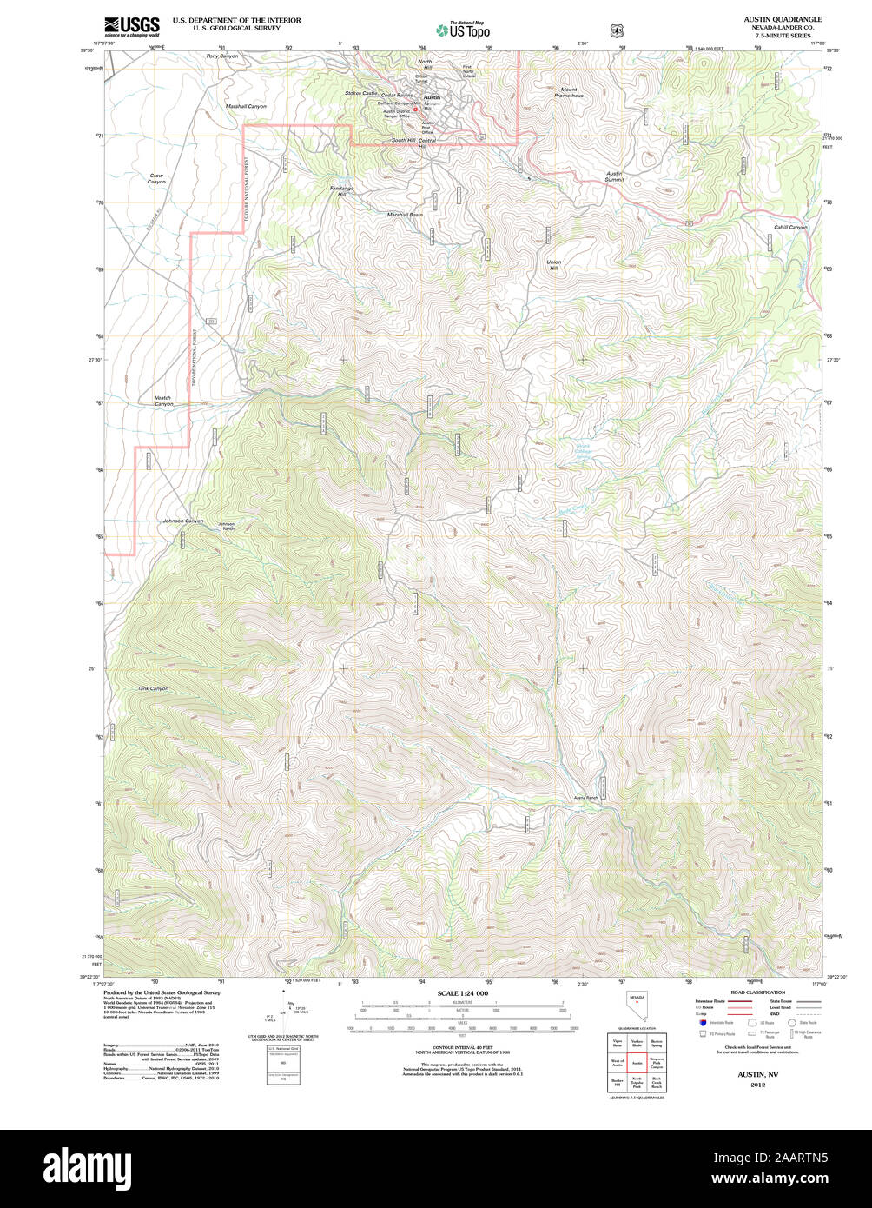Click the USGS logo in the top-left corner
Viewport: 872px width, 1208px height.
tap(131, 25)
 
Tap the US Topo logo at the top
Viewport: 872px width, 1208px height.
tap(463, 30)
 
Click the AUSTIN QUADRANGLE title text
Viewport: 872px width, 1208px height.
tap(782, 19)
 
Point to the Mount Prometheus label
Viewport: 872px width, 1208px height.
tap(569, 92)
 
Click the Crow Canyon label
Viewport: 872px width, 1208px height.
tap(156, 179)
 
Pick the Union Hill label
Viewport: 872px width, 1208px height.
tap(553, 265)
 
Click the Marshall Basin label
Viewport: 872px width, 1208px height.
tap(405, 215)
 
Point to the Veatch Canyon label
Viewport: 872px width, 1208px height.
tap(163, 401)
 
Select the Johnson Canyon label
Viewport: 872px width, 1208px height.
tap(182, 521)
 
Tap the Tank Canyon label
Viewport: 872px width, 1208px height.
tap(153, 688)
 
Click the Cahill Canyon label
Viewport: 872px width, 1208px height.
tap(790, 227)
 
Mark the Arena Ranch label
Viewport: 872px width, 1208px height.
tap(586, 797)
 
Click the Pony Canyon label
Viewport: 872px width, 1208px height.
tap(221, 56)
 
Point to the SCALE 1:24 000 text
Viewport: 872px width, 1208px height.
tap(462, 993)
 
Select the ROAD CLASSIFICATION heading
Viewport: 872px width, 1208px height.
tap(757, 992)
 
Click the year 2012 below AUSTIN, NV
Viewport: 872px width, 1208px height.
tap(758, 1085)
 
